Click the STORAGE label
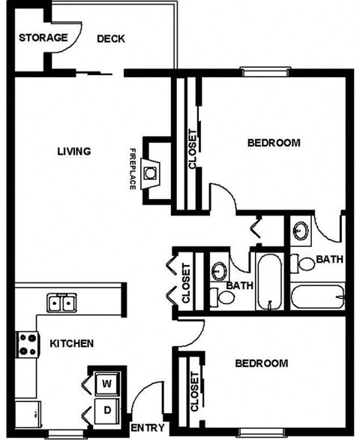(x=43, y=38)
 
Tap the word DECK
(x=110, y=39)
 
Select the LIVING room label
(x=73, y=151)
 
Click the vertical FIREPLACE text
(x=133, y=167)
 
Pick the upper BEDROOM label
(x=274, y=143)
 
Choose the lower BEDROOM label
(x=261, y=363)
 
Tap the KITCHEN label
(x=71, y=343)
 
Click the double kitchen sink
(x=61, y=303)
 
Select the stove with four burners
(x=27, y=345)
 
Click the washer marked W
(x=106, y=384)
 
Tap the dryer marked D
(x=106, y=410)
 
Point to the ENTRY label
(x=147, y=427)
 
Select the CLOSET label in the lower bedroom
(x=194, y=392)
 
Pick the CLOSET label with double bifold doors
(x=186, y=284)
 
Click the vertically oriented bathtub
(x=268, y=282)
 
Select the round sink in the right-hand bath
(x=301, y=231)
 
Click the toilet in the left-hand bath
(x=225, y=297)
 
